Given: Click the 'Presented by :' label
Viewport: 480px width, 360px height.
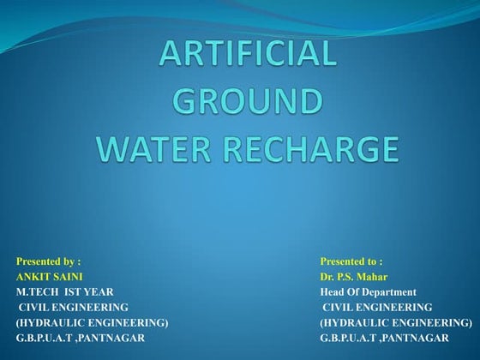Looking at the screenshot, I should [49, 261].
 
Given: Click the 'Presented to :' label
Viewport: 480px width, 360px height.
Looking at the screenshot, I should [351, 261].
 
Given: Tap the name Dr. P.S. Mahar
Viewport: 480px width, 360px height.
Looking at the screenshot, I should [354, 276].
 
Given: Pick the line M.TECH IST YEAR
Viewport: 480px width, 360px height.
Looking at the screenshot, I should [64, 291].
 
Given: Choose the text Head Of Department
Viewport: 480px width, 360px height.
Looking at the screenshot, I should [368, 291].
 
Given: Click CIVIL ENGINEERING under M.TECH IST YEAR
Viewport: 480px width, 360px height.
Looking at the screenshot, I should [75, 307].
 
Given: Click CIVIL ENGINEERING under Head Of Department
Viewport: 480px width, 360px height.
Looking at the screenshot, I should [378, 307].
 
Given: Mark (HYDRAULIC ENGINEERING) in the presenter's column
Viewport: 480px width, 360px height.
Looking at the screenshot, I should [92, 322].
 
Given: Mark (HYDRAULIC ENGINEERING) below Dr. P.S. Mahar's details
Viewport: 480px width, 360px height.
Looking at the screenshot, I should [396, 322].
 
